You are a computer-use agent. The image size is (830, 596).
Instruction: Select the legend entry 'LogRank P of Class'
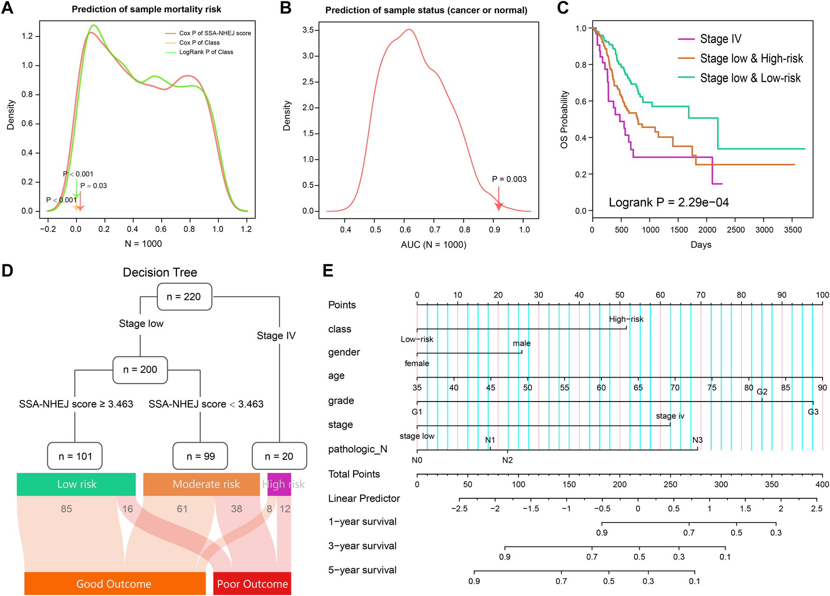(206, 52)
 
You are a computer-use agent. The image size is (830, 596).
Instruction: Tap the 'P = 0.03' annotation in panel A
(94, 186)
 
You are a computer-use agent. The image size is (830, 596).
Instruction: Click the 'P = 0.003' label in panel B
(509, 179)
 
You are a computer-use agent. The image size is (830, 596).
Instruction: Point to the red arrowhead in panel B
(499, 206)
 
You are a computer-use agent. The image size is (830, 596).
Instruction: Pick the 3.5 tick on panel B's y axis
(308, 30)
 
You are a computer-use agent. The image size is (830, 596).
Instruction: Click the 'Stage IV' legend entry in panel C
(720, 39)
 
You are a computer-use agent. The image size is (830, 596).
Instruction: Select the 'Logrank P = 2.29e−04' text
(668, 202)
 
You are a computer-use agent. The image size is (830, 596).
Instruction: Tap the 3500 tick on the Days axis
(793, 230)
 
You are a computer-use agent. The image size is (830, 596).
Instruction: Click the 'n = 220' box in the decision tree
(184, 297)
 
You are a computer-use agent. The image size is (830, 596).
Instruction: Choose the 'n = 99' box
(200, 456)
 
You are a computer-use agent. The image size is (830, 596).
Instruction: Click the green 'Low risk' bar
(76, 484)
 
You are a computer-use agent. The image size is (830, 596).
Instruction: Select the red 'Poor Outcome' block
(252, 584)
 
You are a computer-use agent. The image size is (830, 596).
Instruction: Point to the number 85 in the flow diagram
(67, 509)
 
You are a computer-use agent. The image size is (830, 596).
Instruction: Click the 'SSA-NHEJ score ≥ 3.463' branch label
(76, 404)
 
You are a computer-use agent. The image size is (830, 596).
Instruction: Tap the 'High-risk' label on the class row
(626, 319)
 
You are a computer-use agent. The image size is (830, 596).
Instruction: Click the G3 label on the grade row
(813, 412)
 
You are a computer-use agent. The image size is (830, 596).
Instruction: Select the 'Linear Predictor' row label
(364, 499)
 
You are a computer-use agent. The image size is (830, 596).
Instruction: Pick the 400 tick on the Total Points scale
(822, 484)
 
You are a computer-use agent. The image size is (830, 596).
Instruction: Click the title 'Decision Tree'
(160, 272)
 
